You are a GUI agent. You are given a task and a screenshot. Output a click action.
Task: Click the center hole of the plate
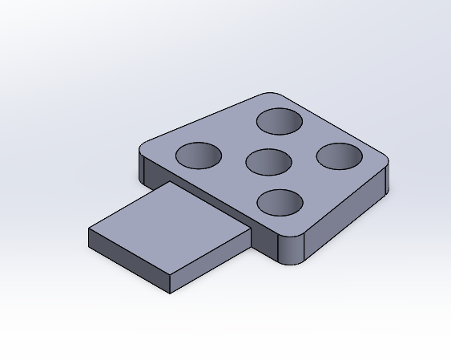(x=268, y=161)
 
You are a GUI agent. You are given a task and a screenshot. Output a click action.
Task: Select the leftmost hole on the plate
(x=198, y=156)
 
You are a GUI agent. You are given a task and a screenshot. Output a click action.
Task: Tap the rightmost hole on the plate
(x=339, y=156)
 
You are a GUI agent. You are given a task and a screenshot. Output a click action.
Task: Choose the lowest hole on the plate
(x=280, y=203)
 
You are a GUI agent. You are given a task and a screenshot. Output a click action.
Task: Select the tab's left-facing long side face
(x=128, y=261)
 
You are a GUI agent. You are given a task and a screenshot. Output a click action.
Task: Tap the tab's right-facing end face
(x=212, y=263)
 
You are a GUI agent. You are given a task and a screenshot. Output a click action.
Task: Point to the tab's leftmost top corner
(x=89, y=229)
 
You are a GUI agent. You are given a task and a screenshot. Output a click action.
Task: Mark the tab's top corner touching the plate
(x=170, y=183)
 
